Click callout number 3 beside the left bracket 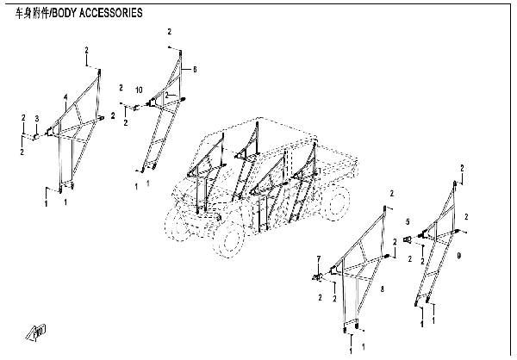(37, 117)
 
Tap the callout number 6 (195, 68)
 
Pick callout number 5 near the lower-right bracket (408, 221)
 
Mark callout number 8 (382, 290)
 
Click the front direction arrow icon (39, 331)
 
